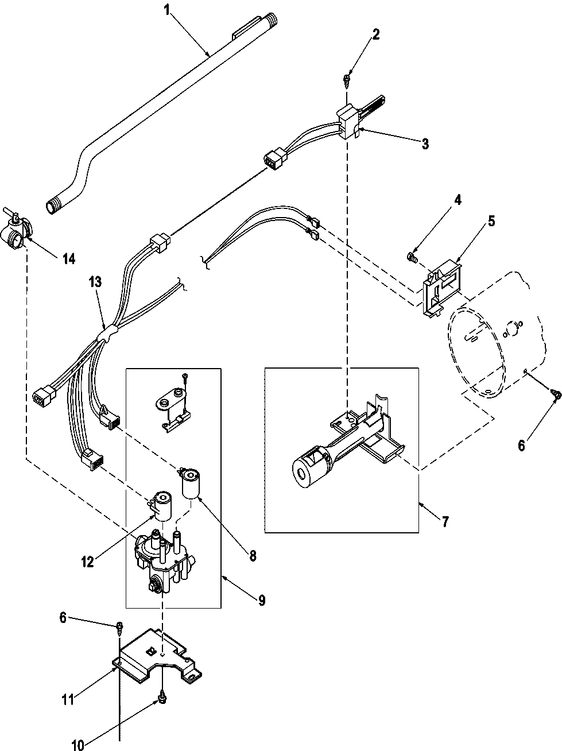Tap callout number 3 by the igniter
424,144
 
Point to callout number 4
458,200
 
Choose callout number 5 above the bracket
491,221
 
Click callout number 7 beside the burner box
445,522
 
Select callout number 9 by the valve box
261,601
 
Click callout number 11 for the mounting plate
67,700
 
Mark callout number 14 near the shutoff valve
68,259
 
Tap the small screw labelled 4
411,257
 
